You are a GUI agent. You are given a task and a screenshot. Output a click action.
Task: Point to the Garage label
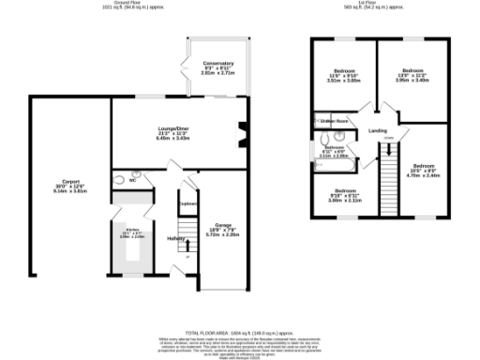pyautogui.click(x=223, y=226)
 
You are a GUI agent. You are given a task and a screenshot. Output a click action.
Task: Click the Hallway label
pyautogui.click(x=175, y=238)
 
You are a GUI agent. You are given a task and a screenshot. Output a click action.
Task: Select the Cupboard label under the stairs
pyautogui.click(x=188, y=203)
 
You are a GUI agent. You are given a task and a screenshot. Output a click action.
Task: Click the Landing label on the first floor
pyautogui.click(x=378, y=130)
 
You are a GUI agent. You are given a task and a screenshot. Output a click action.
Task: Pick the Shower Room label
pyautogui.click(x=334, y=121)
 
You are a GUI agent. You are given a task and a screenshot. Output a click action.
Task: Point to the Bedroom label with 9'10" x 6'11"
pyautogui.click(x=344, y=193)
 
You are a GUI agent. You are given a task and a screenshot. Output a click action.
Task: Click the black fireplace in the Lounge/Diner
pyautogui.click(x=243, y=136)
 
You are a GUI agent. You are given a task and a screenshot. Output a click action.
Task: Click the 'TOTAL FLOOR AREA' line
pyautogui.click(x=240, y=332)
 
